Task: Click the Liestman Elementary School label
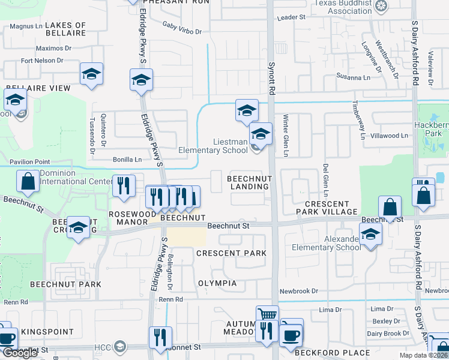click(x=213, y=146)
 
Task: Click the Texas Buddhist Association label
click(x=342, y=7)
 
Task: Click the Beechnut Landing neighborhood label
click(x=249, y=182)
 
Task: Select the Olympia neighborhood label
click(x=217, y=283)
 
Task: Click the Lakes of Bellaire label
click(x=65, y=29)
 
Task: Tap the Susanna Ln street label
click(x=354, y=77)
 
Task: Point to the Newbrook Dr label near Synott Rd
click(x=298, y=291)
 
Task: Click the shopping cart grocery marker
click(x=267, y=314)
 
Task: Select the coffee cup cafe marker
click(x=292, y=334)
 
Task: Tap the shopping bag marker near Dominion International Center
click(x=28, y=181)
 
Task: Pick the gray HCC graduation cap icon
click(x=120, y=346)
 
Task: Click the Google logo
click(x=20, y=353)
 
